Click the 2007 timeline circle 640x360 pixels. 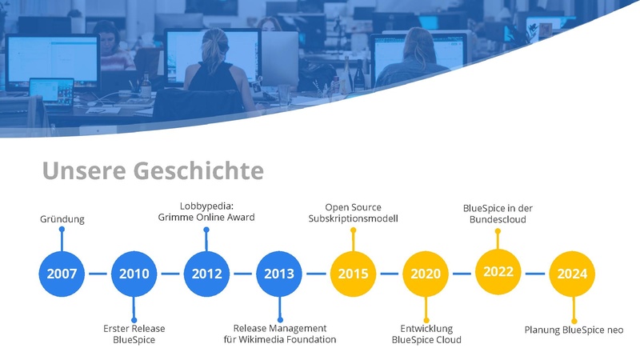point(62,274)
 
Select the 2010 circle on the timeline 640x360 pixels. point(134,274)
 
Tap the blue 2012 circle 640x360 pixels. point(206,274)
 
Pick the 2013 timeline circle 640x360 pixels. point(279,274)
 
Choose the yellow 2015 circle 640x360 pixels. point(353,274)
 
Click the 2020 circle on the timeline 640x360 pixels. point(426,274)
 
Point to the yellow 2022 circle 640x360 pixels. point(498,272)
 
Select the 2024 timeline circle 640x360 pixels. point(572,274)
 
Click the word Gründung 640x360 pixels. point(62,219)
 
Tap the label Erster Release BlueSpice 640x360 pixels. point(134,334)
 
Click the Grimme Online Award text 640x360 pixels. point(206,218)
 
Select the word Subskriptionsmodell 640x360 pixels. point(353,218)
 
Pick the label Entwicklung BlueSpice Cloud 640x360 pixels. point(426,334)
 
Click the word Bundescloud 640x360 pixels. point(498,219)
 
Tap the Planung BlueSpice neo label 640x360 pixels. point(573,330)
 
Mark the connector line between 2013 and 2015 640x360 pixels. point(316,274)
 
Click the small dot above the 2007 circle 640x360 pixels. point(62,230)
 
